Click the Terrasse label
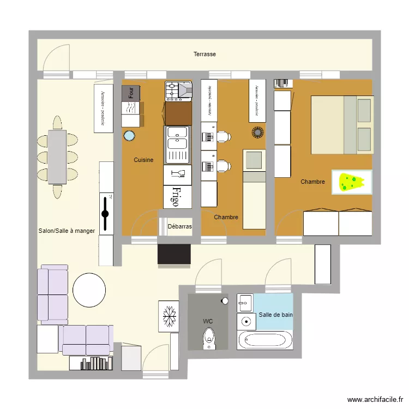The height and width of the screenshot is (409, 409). pyautogui.click(x=204, y=54)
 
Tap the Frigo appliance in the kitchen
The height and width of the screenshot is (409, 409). pyautogui.click(x=177, y=197)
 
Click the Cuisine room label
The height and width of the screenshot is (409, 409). pyautogui.click(x=143, y=160)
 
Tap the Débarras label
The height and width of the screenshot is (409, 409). pyautogui.click(x=179, y=226)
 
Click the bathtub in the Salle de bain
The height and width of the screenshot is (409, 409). pyautogui.click(x=265, y=341)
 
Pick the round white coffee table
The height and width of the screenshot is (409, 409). pyautogui.click(x=89, y=290)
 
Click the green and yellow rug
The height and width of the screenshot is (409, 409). pyautogui.click(x=352, y=182)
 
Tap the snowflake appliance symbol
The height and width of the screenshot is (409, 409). pyautogui.click(x=169, y=316)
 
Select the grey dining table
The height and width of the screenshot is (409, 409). pyautogui.click(x=57, y=157)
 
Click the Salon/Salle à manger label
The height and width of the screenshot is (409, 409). pyautogui.click(x=67, y=231)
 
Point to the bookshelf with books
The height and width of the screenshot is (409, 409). pyautogui.click(x=91, y=363)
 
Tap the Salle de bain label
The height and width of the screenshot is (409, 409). pyautogui.click(x=275, y=315)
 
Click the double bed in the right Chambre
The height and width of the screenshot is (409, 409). pyautogui.click(x=342, y=124)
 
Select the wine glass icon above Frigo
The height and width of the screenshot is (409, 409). pyautogui.click(x=178, y=175)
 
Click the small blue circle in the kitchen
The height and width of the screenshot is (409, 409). pyautogui.click(x=129, y=136)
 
